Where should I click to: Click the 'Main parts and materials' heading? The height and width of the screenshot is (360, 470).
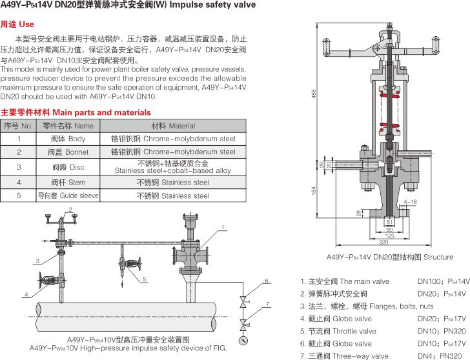point(101,112)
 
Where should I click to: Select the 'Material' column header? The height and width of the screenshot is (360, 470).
point(173,126)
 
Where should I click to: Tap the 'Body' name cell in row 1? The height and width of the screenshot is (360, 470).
point(68,139)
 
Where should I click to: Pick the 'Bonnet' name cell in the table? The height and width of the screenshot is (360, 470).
point(68,152)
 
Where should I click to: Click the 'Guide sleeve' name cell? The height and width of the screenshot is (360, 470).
point(68,195)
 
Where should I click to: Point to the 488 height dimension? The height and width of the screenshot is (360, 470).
point(314,94)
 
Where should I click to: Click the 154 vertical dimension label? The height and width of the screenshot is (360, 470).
point(314,191)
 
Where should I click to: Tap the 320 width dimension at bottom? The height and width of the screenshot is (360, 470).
point(383,242)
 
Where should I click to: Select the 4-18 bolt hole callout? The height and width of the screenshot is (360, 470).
point(410,202)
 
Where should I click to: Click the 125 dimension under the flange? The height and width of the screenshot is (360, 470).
point(389,236)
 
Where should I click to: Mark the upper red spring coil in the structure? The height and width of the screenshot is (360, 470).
point(389,94)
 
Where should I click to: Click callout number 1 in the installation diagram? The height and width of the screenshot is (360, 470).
point(223,227)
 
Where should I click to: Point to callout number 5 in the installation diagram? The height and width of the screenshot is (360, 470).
point(145,279)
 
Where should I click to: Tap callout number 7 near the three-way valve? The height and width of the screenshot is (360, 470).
point(267,305)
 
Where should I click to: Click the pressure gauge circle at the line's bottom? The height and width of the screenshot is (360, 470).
point(243,341)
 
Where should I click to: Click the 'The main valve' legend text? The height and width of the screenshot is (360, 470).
point(365,281)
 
